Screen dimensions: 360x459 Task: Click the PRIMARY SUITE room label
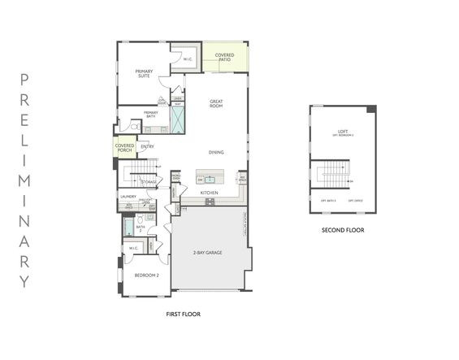pyautogui.click(x=143, y=73)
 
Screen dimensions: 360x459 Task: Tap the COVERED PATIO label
pyautogui.click(x=224, y=57)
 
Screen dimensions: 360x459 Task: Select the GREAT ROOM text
pyautogui.click(x=216, y=103)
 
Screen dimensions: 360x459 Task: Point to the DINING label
pyautogui.click(x=216, y=152)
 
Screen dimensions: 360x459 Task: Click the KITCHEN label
pyautogui.click(x=210, y=193)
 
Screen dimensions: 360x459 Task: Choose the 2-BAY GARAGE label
pyautogui.click(x=208, y=253)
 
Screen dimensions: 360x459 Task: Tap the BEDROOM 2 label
pyautogui.click(x=146, y=275)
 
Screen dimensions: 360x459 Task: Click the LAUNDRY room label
pyautogui.click(x=128, y=196)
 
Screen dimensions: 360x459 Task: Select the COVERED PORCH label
pyautogui.click(x=124, y=147)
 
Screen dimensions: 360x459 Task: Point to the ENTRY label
pyautogui.click(x=147, y=146)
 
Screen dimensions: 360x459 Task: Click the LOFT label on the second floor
pyautogui.click(x=342, y=132)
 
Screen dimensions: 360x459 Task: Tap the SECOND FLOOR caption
pyautogui.click(x=342, y=230)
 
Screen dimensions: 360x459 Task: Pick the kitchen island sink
pyautogui.click(x=209, y=179)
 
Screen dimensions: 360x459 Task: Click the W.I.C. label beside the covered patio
pyautogui.click(x=187, y=59)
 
